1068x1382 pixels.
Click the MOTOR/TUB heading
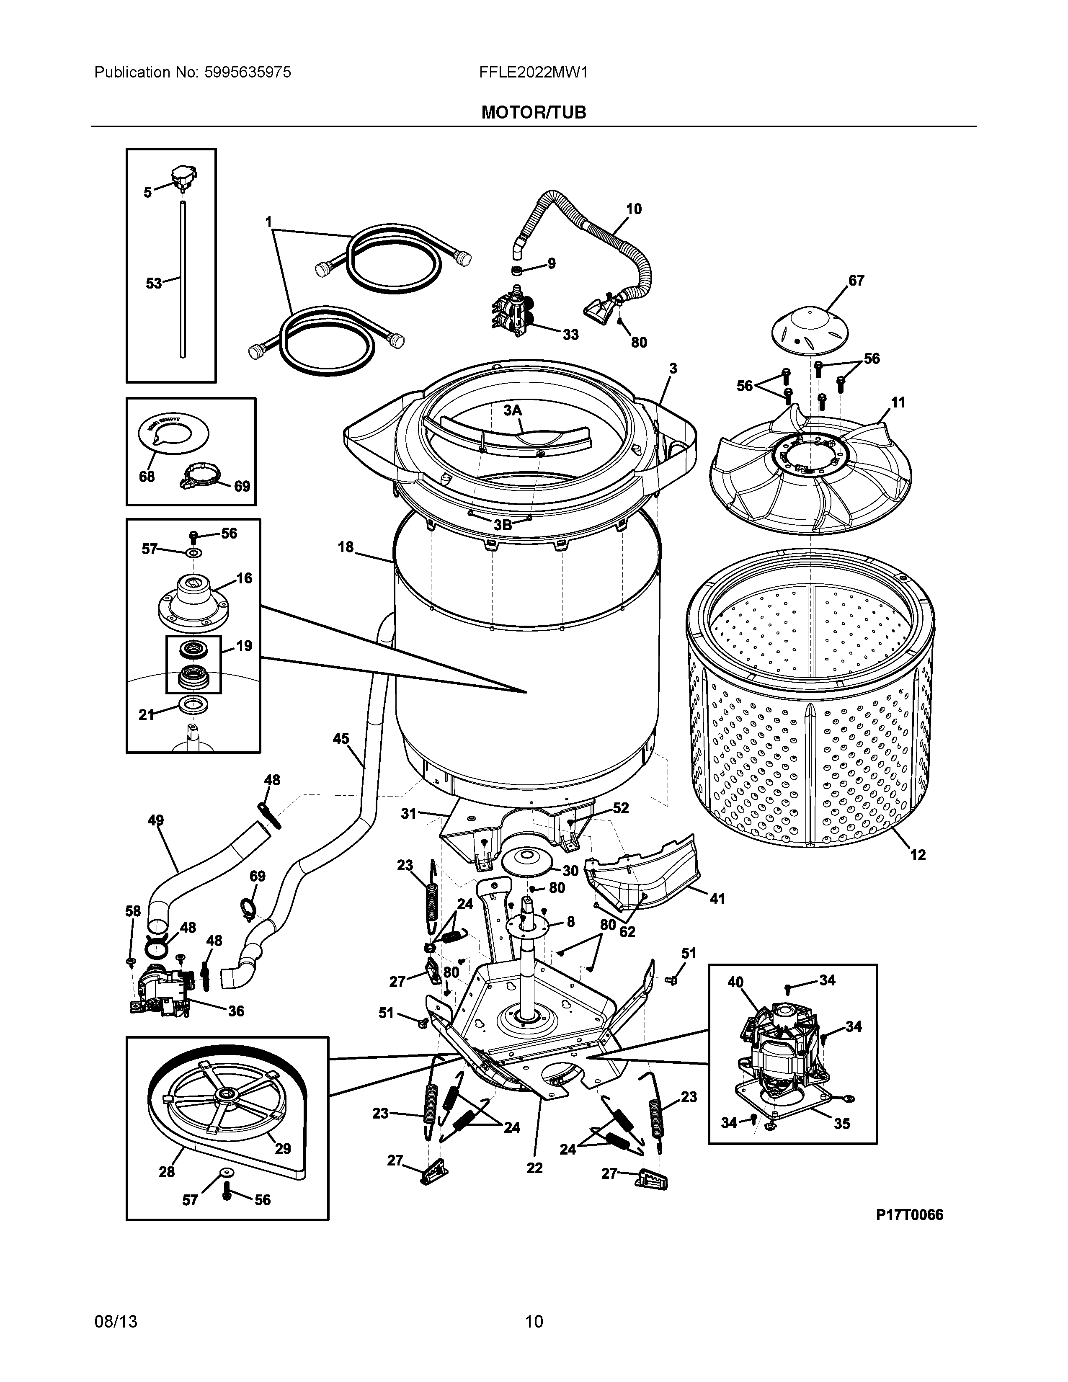click(533, 113)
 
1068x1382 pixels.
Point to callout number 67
click(856, 280)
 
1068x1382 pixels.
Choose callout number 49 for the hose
click(156, 821)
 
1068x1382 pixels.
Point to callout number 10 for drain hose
click(633, 209)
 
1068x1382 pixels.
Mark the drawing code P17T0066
click(909, 1214)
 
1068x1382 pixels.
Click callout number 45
click(341, 738)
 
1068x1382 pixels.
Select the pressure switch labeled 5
click(183, 175)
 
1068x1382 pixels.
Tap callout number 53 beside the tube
click(154, 284)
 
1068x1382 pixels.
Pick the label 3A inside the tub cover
click(513, 410)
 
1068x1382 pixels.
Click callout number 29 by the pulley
click(282, 1148)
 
